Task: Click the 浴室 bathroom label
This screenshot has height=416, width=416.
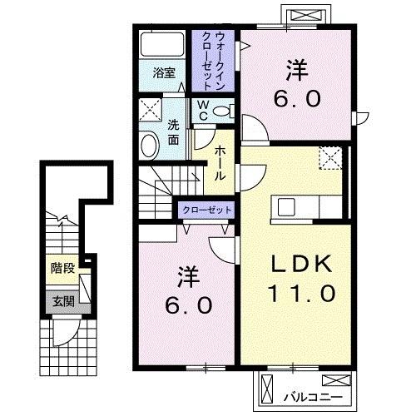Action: pyautogui.click(x=162, y=72)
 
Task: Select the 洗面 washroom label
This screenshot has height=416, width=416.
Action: pyautogui.click(x=173, y=131)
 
